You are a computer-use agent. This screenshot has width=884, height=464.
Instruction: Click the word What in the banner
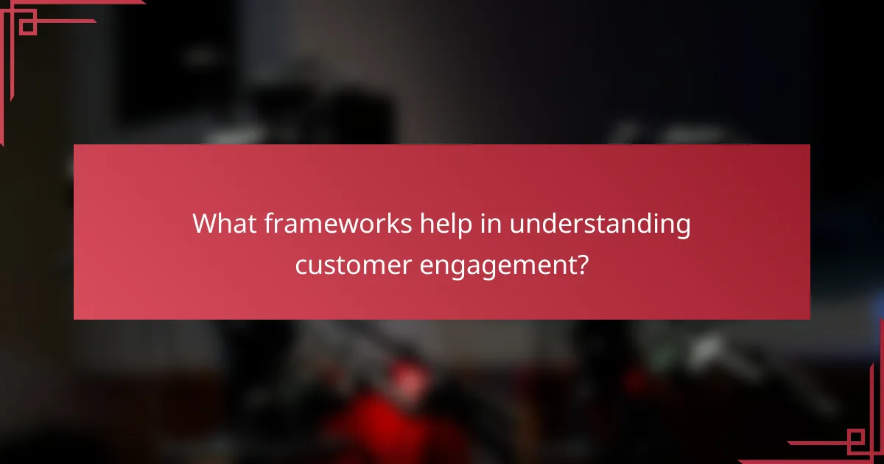pyautogui.click(x=221, y=224)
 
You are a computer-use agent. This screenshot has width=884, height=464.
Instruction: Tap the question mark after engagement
pyautogui.click(x=582, y=263)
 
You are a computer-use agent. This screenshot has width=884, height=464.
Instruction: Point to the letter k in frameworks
pyautogui.click(x=388, y=224)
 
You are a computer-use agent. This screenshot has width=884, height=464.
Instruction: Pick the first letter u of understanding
pyautogui.click(x=516, y=225)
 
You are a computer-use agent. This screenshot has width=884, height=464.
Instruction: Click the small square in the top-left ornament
pyautogui.click(x=28, y=27)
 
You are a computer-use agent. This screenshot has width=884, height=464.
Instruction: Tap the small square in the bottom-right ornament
pyautogui.click(x=855, y=440)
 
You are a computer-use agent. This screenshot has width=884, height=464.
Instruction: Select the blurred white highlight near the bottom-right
pyautogui.click(x=707, y=346)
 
